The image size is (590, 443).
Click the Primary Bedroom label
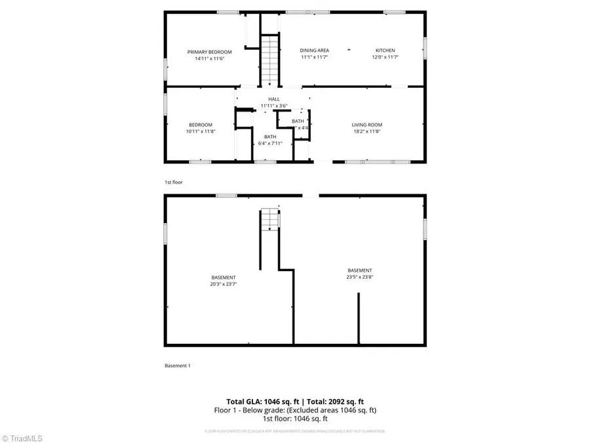210,52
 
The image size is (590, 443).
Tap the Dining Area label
315,51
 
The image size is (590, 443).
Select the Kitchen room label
385,51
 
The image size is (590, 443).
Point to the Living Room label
367,125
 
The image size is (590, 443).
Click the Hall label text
274,99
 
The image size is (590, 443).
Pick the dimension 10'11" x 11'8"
201,131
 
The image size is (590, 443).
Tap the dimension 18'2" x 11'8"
367,131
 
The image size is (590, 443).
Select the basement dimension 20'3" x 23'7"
224,284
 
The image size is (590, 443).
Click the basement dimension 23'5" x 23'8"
360,278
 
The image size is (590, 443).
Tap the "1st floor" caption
173,182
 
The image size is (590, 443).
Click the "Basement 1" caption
177,366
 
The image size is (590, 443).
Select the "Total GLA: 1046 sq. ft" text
257,401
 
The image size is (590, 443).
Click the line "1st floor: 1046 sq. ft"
295,419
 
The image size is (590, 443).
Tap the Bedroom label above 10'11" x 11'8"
201,125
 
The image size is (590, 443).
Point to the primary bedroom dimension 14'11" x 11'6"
210,58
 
